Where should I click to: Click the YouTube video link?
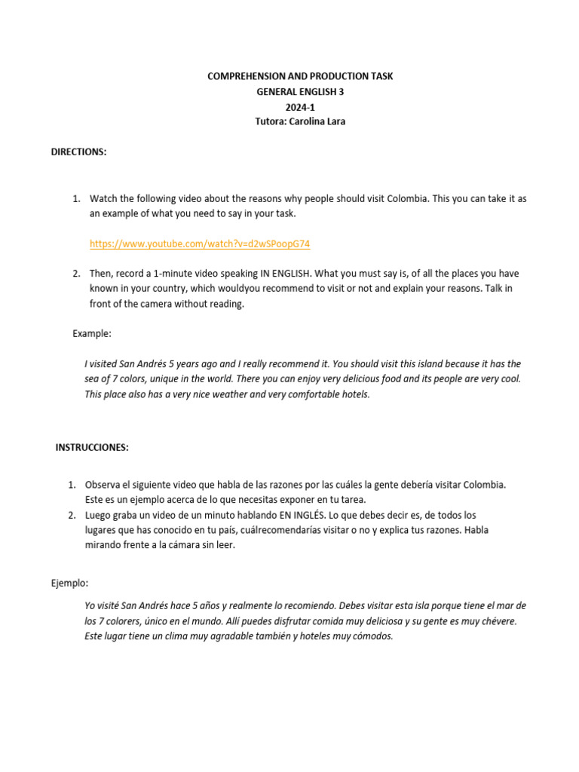(x=200, y=244)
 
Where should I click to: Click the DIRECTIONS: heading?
(x=78, y=152)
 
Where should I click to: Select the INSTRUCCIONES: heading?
(x=92, y=447)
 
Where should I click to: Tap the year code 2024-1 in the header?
(x=300, y=107)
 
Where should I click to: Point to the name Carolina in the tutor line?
(x=304, y=121)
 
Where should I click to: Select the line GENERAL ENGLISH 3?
(x=300, y=92)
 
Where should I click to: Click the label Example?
(x=92, y=332)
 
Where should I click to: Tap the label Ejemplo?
(x=69, y=583)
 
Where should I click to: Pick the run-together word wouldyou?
(x=268, y=289)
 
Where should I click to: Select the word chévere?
(x=496, y=621)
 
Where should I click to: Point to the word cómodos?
(x=373, y=636)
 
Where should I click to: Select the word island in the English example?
(x=418, y=363)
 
